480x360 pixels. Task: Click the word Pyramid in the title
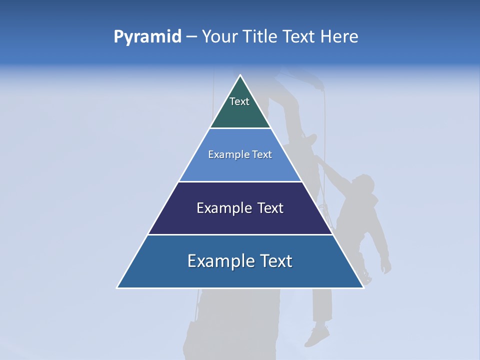click(147, 37)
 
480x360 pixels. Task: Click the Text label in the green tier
click(239, 101)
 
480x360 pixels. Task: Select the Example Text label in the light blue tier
click(240, 154)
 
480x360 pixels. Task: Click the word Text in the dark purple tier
click(270, 208)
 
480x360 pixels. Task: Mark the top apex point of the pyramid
click(240, 75)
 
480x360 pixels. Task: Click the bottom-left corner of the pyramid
click(117, 287)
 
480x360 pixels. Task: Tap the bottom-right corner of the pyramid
click(363, 287)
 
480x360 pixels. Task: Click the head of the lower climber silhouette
click(364, 182)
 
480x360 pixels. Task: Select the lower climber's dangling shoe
click(317, 336)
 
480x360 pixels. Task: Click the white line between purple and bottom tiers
click(240, 234)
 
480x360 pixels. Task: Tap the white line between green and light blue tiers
click(240, 128)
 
